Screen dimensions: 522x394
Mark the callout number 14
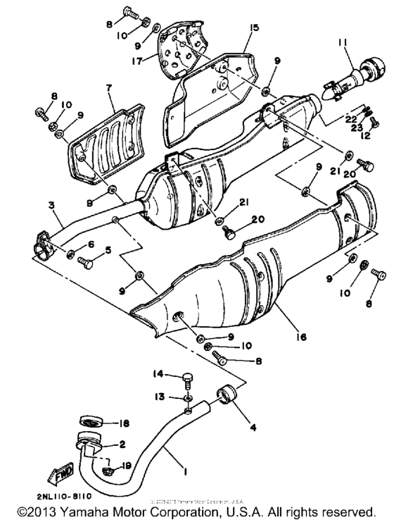158,373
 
